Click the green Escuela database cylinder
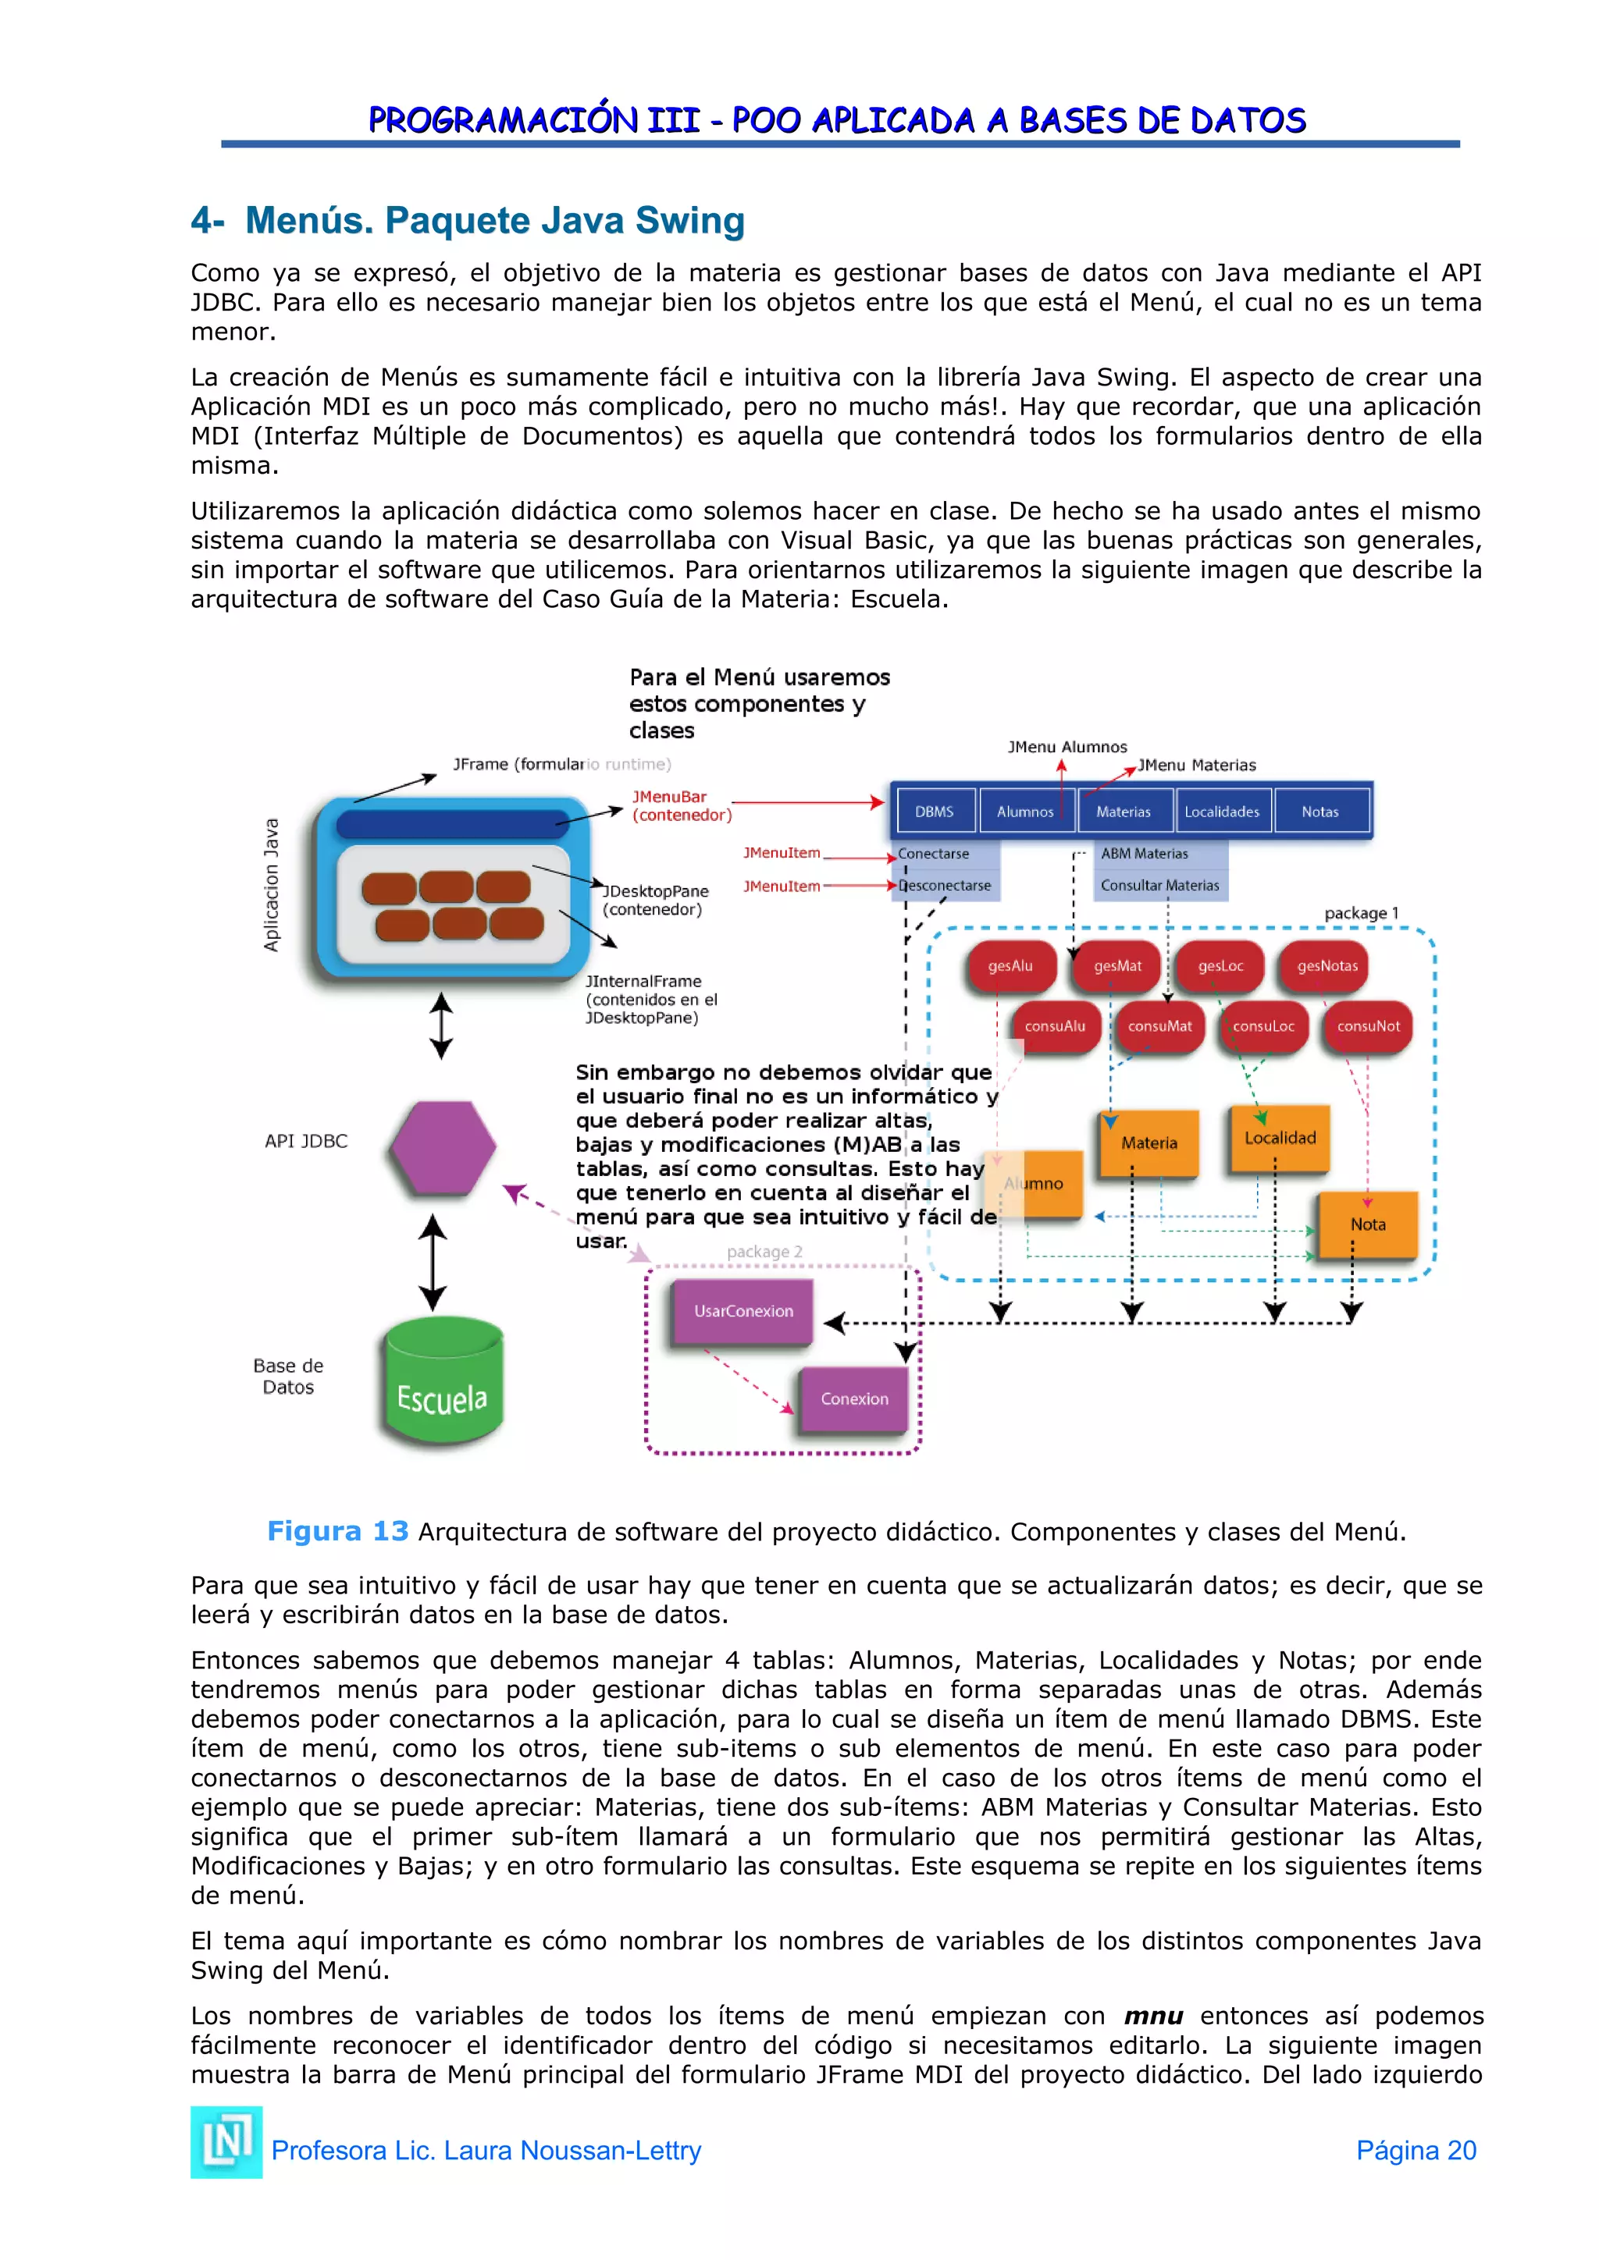tap(442, 1383)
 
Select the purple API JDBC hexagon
tap(443, 1148)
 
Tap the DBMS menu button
tap(935, 811)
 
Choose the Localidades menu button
tap(1222, 811)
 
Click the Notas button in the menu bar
tap(1319, 811)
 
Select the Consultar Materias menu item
tap(1160, 885)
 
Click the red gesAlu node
tap(1011, 965)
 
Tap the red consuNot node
tap(1368, 1025)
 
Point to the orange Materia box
tap(1149, 1142)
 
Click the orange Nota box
tap(1368, 1224)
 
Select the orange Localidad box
tap(1280, 1138)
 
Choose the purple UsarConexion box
tap(743, 1311)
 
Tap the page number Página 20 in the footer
tap(1416, 2150)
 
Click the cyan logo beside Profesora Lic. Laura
tap(226, 2142)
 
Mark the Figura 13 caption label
tap(338, 1530)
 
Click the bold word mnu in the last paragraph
tap(1153, 2016)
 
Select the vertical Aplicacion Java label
tap(271, 885)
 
